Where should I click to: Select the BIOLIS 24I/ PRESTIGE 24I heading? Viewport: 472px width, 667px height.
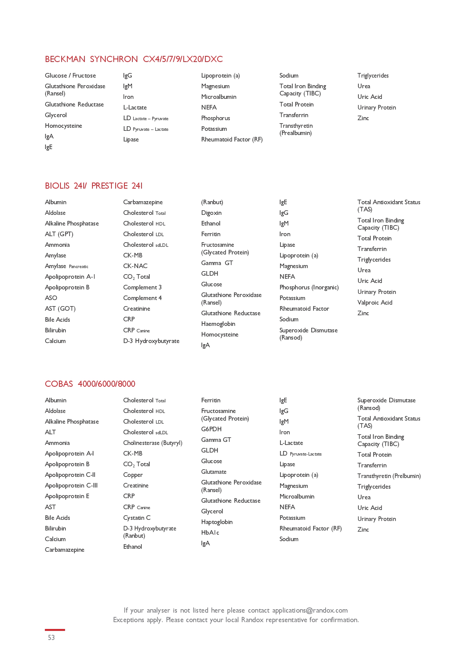tap(94, 186)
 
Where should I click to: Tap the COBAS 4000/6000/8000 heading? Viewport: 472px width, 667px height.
tap(90, 384)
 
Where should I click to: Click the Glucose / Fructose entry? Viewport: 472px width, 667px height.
tap(70, 76)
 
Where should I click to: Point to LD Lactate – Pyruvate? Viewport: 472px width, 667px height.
tap(146, 118)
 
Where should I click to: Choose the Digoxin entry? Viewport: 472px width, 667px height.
tap(211, 213)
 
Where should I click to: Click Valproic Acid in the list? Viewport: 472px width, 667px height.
tap(375, 303)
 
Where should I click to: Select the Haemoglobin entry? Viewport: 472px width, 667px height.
tap(218, 324)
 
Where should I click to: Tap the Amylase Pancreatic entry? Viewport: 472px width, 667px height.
tap(67, 266)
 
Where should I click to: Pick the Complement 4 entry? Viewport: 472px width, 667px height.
tap(142, 298)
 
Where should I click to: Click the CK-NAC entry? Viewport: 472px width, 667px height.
tap(135, 266)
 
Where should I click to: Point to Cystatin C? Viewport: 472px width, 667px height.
tap(137, 518)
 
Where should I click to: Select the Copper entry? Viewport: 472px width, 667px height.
tap(133, 475)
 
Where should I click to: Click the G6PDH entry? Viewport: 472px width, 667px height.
tap(211, 429)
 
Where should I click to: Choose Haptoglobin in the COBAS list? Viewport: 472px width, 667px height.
tap(217, 522)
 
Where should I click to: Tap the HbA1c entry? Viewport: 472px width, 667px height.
tap(210, 533)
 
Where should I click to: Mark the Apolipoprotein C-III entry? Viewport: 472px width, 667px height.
tap(71, 486)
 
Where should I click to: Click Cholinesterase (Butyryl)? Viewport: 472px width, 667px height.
tap(153, 443)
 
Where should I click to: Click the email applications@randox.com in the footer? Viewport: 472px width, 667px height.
tap(310, 610)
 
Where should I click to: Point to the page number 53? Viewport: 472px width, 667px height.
tap(51, 638)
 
